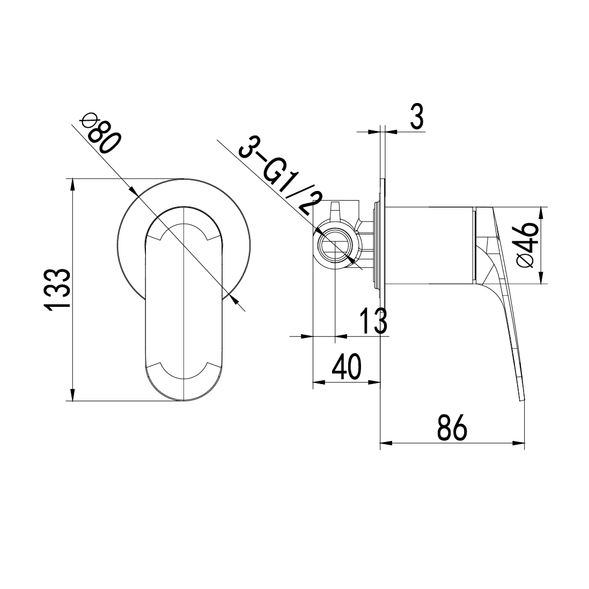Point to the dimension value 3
(x=417, y=116)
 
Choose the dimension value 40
(x=347, y=366)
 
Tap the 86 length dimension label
(x=452, y=428)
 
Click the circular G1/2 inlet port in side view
(x=335, y=247)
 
